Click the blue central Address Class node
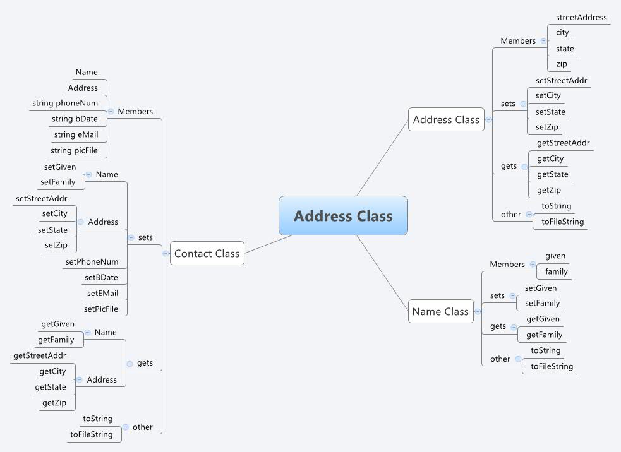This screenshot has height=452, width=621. [x=343, y=216]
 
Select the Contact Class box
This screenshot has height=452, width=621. [x=207, y=253]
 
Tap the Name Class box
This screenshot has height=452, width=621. [x=440, y=311]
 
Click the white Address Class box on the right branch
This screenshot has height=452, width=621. [x=446, y=119]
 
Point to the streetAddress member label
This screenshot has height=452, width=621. [x=581, y=18]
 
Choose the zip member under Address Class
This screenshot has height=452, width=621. [x=562, y=64]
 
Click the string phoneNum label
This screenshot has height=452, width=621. [x=68, y=103]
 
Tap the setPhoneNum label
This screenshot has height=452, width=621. [x=92, y=261]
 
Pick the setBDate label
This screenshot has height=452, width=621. [x=101, y=277]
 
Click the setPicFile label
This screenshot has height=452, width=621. [x=101, y=309]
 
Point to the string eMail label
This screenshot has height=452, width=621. [x=76, y=134]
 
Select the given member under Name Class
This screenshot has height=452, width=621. [x=555, y=256]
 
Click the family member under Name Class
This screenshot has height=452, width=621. [x=557, y=271]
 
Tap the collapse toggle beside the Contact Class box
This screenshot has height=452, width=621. [x=166, y=253]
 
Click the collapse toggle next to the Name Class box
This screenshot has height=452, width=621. [x=478, y=311]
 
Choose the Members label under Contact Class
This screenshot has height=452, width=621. [x=135, y=111]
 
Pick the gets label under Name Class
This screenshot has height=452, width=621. [x=498, y=326]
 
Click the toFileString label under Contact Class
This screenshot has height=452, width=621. [x=92, y=434]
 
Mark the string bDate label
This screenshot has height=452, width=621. [x=75, y=119]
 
